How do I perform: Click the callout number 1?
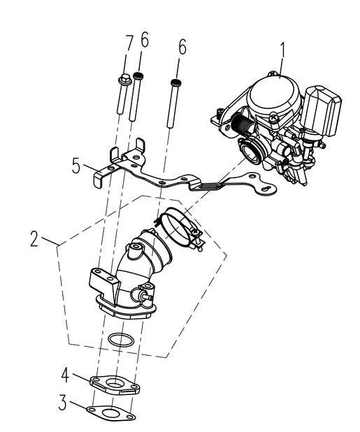coord(282,50)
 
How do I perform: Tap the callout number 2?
coord(34,239)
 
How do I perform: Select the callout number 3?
coord(63,403)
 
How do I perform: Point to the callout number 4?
coord(65,375)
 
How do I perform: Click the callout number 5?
coord(76,166)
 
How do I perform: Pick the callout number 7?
coord(129,43)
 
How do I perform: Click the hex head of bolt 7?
coord(124,78)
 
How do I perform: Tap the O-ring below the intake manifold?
coord(121,340)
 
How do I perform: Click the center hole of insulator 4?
coord(115,382)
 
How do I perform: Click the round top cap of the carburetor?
coord(273,95)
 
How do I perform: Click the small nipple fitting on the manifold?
coord(146,296)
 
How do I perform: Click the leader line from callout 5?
coord(92,168)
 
